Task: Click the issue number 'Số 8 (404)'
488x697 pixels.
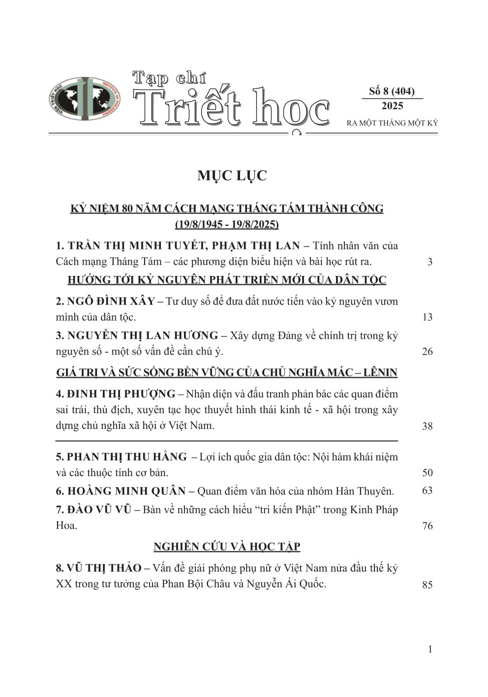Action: click(392, 91)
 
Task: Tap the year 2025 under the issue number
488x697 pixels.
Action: click(392, 106)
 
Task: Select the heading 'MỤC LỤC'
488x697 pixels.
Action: click(232, 176)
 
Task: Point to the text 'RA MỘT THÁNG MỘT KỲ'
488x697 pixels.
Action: click(392, 123)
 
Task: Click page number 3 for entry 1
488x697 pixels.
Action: click(430, 262)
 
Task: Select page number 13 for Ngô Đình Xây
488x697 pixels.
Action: click(427, 317)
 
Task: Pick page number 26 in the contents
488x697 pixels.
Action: click(427, 352)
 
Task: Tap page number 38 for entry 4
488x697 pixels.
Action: click(427, 426)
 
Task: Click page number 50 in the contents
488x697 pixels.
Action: click(427, 473)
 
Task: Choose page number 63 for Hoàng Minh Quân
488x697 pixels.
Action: click(427, 490)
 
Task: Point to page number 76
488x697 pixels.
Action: click(427, 526)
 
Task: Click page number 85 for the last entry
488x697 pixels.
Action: click(427, 585)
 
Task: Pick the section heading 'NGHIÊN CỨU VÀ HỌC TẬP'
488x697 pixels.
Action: click(227, 546)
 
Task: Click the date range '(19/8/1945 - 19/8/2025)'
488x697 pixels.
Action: click(227, 225)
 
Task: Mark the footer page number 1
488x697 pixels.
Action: click(430, 650)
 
